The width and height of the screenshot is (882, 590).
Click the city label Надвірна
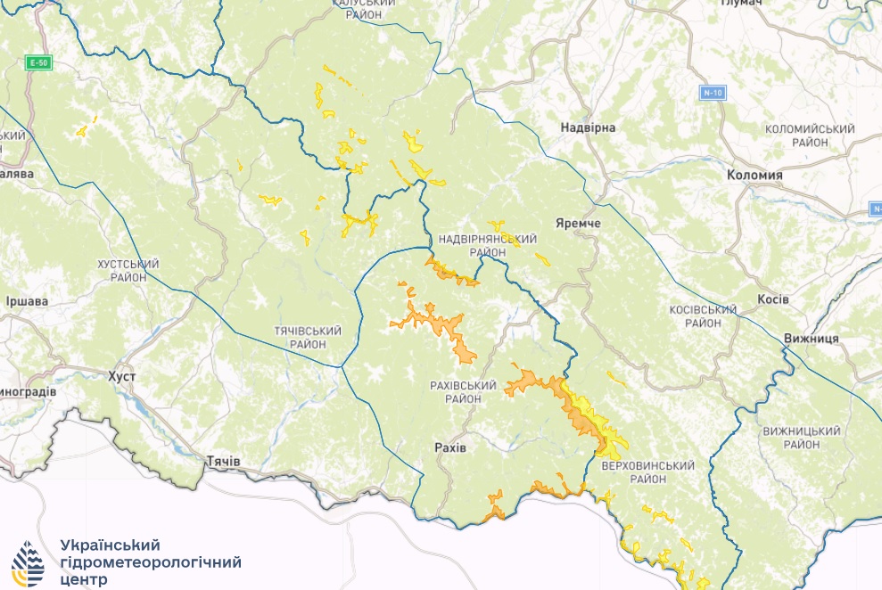(588, 127)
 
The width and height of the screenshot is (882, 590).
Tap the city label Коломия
(754, 176)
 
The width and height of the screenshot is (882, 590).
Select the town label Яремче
(577, 222)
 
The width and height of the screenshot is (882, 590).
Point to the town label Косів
(772, 299)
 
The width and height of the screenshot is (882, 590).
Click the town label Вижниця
(811, 339)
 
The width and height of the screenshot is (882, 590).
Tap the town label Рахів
(449, 446)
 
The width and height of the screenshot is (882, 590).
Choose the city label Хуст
(121, 377)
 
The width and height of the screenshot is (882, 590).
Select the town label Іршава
(26, 301)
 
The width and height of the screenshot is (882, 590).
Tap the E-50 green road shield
(38, 62)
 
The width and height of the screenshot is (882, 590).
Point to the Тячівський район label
(308, 337)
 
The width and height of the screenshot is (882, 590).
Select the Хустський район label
(128, 271)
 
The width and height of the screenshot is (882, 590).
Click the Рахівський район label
(463, 392)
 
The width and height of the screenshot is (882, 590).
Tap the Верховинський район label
(647, 472)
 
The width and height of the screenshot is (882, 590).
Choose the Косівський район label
(702, 316)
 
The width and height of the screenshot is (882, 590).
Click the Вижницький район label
(803, 437)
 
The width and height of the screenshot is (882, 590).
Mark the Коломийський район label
(810, 135)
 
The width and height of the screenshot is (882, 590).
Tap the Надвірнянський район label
(487, 246)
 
